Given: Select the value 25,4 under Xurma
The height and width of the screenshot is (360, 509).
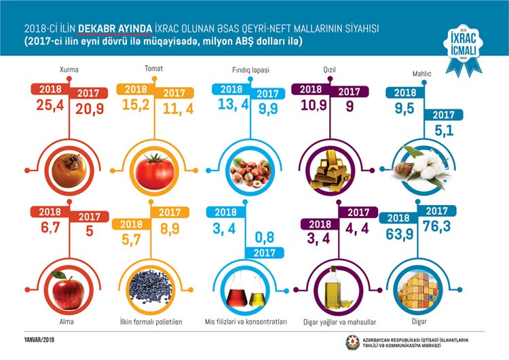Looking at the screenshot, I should (48, 105).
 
